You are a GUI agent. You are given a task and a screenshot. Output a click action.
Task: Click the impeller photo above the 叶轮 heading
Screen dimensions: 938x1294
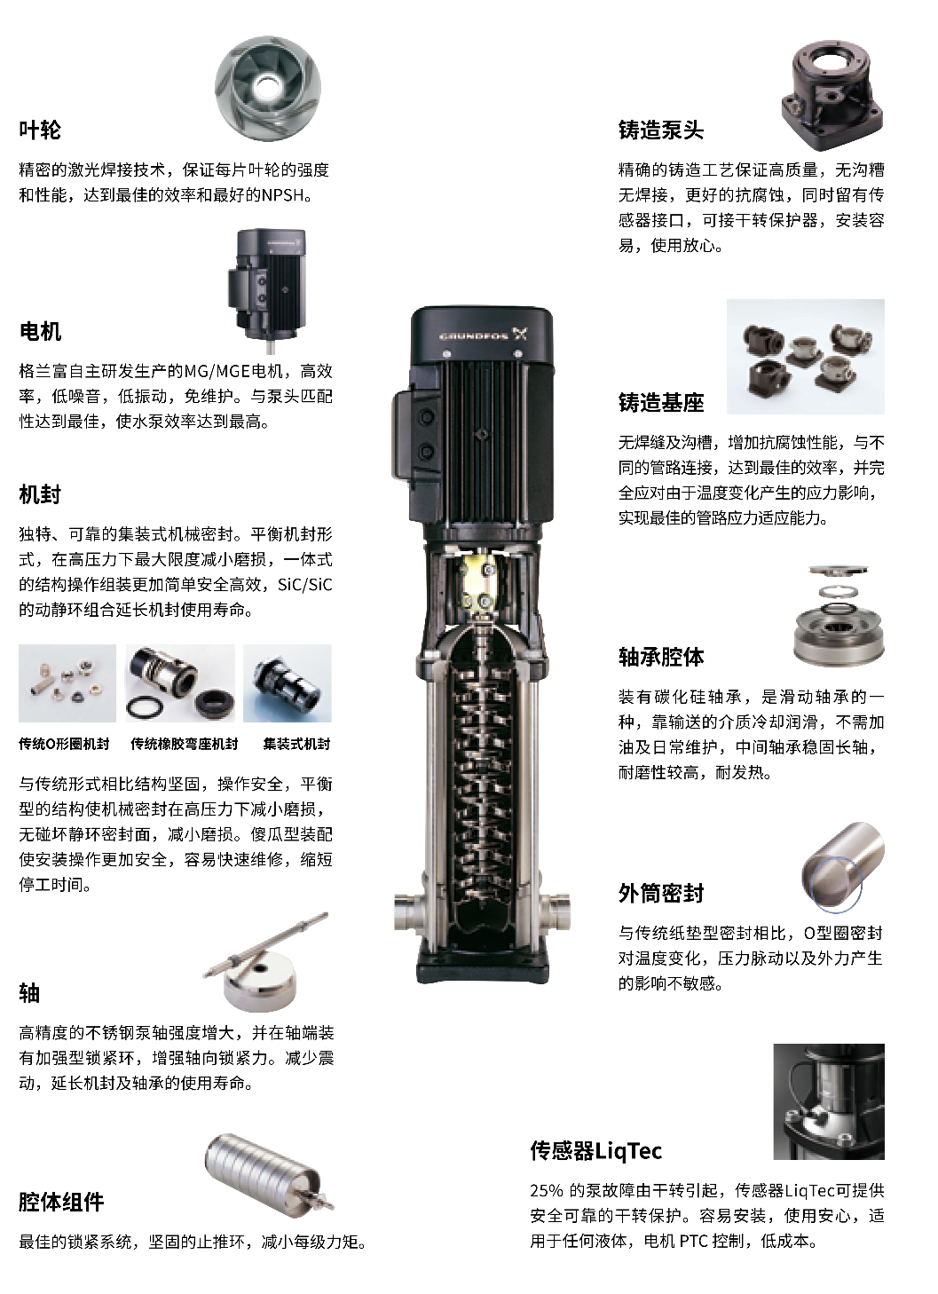point(268,89)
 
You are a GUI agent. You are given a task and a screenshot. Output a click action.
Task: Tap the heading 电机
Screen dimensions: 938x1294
point(40,332)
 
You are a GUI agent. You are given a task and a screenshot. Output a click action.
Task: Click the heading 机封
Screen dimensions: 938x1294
point(40,494)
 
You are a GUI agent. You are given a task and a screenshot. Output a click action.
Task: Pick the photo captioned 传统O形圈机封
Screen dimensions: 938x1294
point(67,683)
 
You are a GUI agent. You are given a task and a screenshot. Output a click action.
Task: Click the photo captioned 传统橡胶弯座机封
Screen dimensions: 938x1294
point(180,683)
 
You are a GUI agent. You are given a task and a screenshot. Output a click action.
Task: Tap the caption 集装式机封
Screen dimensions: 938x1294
point(297,744)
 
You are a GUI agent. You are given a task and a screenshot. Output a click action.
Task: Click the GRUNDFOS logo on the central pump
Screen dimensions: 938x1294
point(483,335)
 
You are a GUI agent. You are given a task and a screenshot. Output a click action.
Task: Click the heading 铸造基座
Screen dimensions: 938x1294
point(661,403)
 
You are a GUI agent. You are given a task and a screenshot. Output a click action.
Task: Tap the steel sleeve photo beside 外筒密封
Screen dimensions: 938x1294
point(843,867)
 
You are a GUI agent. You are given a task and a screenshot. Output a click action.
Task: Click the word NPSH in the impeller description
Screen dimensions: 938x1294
point(282,195)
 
